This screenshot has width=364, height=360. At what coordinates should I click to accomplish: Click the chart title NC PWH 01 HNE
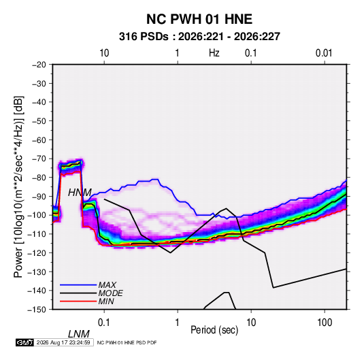coord(199,19)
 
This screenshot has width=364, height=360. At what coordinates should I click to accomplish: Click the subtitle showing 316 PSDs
coord(199,37)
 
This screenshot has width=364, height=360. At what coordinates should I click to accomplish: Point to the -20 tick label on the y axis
coord(39,65)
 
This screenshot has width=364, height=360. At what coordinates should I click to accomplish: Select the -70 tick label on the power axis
coord(39,159)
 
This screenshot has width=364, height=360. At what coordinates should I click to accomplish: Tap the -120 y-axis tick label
coord(37,252)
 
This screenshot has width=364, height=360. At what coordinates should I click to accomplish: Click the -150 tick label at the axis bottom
coord(37,310)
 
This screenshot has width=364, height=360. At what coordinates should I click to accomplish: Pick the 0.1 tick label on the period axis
coord(104,323)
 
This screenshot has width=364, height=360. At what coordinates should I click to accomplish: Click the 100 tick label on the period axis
coord(325,323)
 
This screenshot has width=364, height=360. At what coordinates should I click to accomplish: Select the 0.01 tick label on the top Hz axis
coord(324,53)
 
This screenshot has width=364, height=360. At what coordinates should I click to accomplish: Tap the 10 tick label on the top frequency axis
coord(104,53)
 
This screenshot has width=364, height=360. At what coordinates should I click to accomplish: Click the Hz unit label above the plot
coord(214,53)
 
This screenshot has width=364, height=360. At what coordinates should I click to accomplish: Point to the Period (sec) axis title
coord(214,330)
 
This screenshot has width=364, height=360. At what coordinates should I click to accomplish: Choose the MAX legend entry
coord(107,284)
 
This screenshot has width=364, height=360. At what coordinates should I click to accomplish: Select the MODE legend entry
coord(110,293)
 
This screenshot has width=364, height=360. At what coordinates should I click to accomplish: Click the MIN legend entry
coord(106,301)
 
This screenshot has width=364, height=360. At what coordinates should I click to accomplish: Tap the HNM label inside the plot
coord(80,193)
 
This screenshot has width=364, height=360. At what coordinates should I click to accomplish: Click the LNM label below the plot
coord(79,334)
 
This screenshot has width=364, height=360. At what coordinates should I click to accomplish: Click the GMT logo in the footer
coord(24,342)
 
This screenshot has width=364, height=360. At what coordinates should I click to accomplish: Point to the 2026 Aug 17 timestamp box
coord(63,342)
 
